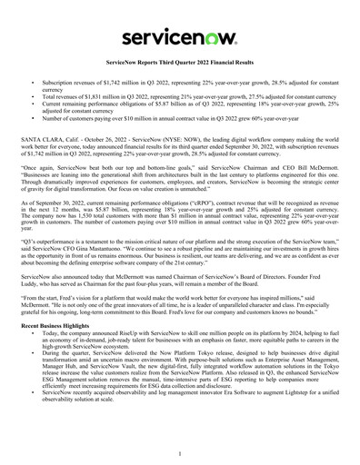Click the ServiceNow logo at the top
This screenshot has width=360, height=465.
click(x=180, y=37)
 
